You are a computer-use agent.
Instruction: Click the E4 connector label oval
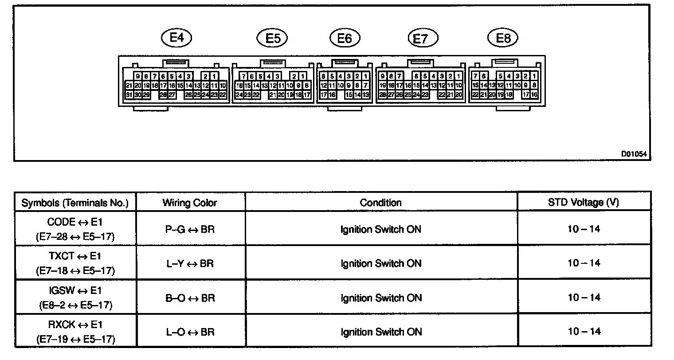[176, 38]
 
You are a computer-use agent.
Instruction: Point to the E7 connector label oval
[423, 39]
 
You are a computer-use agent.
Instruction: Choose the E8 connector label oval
[503, 38]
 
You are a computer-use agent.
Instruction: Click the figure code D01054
[634, 154]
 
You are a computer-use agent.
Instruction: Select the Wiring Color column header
[190, 203]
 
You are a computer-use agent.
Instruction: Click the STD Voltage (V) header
[584, 203]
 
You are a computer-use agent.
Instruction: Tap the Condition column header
[380, 203]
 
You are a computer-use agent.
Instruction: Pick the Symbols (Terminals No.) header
[75, 203]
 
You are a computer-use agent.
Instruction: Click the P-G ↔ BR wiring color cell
[190, 229]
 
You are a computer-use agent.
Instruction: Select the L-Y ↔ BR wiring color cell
[190, 264]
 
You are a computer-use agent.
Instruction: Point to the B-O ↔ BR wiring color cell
[190, 298]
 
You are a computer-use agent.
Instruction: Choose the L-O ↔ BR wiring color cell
[190, 332]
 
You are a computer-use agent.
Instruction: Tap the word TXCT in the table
[58, 256]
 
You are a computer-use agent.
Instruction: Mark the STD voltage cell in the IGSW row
[584, 297]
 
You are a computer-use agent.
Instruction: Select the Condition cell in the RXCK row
[380, 332]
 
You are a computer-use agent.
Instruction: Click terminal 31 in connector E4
[129, 95]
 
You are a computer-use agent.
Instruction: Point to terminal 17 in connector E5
[306, 95]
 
